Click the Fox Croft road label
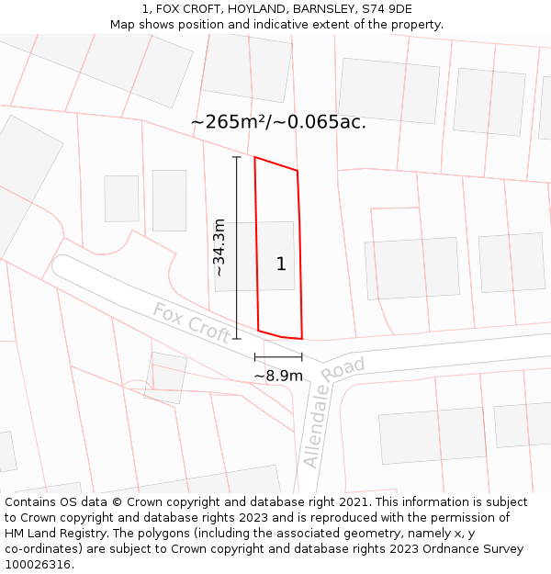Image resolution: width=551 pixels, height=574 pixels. pos(191,323)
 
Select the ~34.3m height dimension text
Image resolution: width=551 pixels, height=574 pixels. pos(219,247)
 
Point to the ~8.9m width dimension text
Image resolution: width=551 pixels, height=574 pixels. pos(278,376)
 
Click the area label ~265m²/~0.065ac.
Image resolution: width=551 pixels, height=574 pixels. pos(278,122)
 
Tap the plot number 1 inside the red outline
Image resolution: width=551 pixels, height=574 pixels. pos(281,264)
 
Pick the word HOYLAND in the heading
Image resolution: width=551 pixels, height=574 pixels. pos(235,8)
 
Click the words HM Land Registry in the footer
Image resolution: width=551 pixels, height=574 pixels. pos(51,534)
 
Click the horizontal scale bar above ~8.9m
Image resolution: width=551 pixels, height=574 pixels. pos(278,356)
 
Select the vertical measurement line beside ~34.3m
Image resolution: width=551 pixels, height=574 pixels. pos(236,248)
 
